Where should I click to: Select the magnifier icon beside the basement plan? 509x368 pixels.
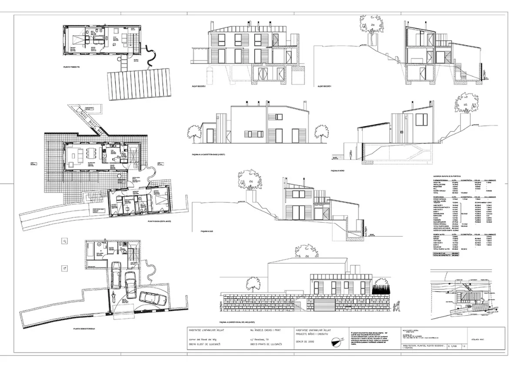click(x=64, y=241)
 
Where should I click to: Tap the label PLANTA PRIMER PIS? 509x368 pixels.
click(x=72, y=67)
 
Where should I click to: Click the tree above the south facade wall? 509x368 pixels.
click(x=249, y=179)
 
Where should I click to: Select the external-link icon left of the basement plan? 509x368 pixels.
click(x=64, y=268)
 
